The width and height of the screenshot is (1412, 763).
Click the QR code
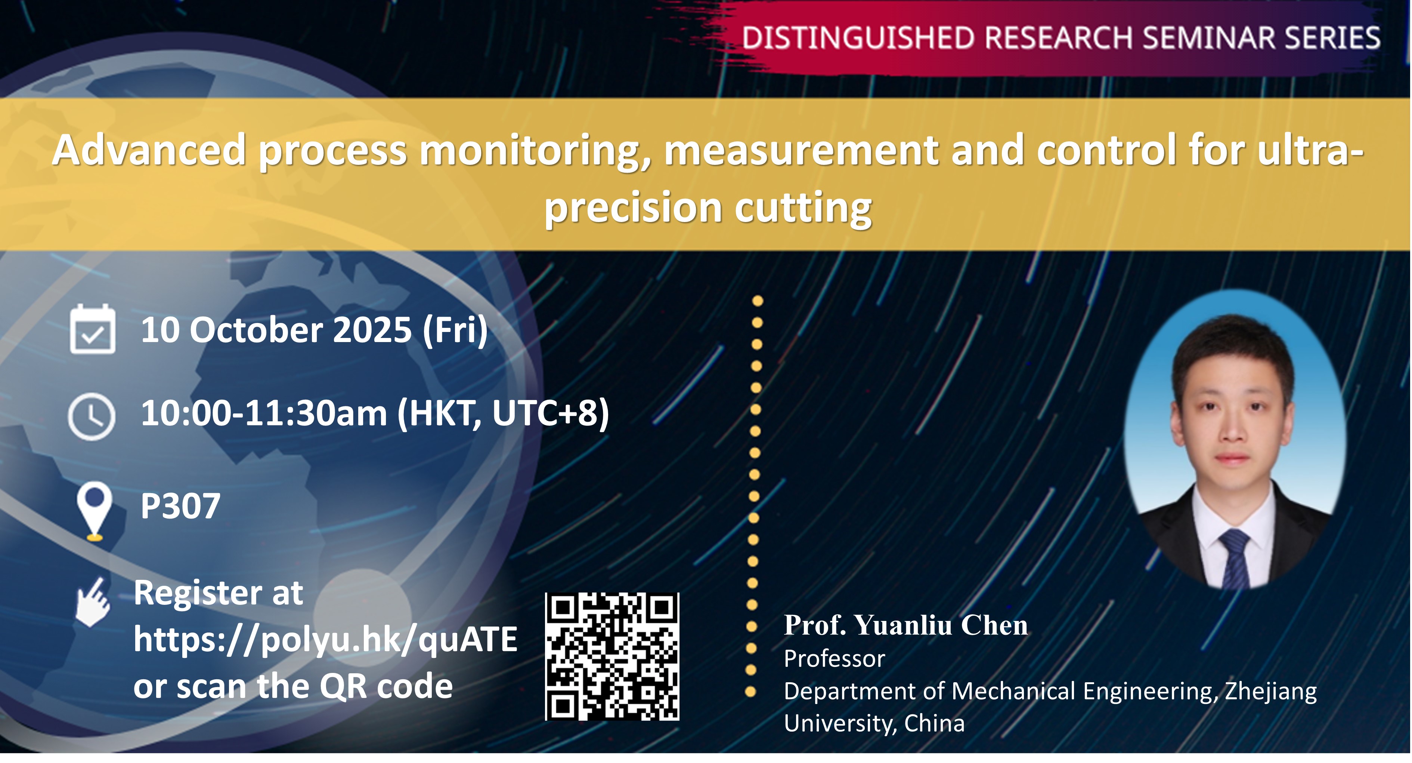[612, 656]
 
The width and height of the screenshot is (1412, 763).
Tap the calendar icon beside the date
[93, 329]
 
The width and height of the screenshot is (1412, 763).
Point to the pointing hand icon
[93, 602]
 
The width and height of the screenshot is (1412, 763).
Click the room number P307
[180, 506]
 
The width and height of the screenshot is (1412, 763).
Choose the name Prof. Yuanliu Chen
[905, 625]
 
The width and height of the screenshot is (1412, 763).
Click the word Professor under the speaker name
[834, 659]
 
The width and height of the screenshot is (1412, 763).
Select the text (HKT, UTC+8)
[503, 413]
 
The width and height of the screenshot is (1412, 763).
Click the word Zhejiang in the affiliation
[1270, 691]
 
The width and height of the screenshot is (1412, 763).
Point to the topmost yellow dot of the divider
[758, 301]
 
